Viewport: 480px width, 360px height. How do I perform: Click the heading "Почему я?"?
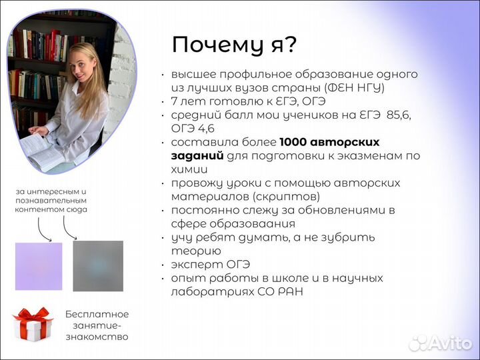point(234,45)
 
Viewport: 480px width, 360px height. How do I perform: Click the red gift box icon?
point(33,324)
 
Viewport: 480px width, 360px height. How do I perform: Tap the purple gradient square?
point(39,266)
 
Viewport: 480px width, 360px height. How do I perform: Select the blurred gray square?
point(98,266)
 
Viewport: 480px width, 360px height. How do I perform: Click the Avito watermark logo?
point(440,343)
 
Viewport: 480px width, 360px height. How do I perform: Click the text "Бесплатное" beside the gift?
point(97,314)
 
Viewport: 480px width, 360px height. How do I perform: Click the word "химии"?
point(185,169)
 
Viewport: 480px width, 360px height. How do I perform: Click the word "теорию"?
point(195,251)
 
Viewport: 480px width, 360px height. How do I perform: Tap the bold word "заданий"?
point(197,155)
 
